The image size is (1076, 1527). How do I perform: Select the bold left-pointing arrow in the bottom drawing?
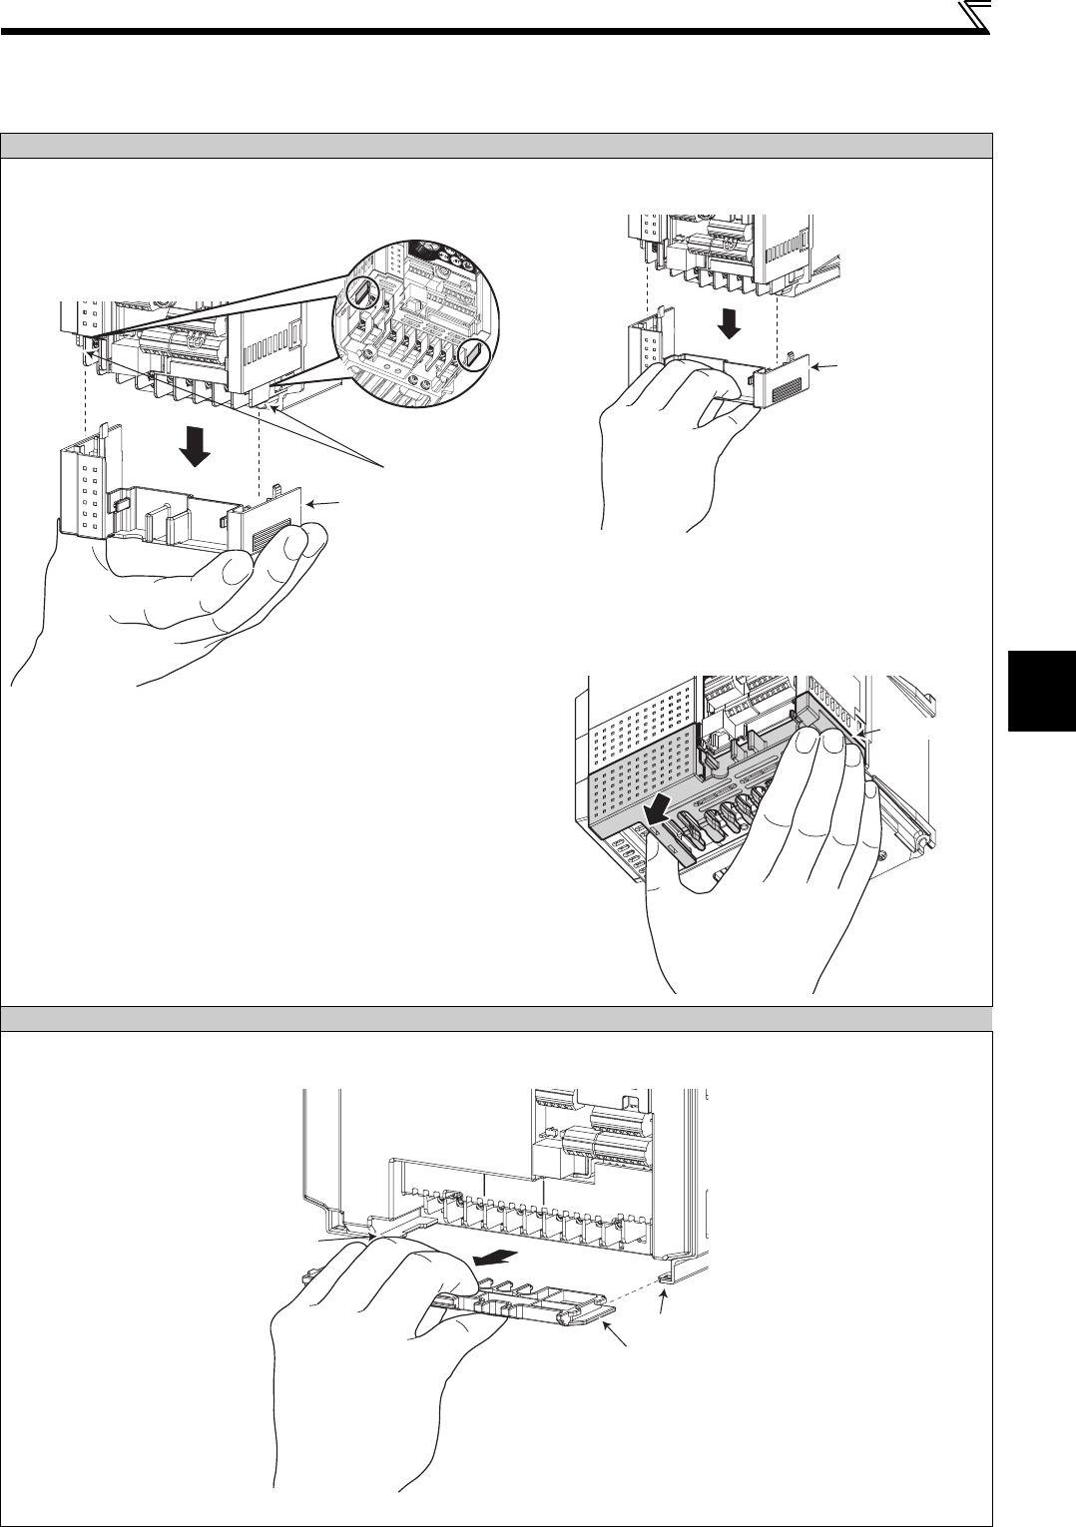(x=496, y=1256)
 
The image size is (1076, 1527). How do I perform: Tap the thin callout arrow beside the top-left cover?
(x=322, y=504)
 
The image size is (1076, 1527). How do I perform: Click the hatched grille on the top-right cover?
(x=786, y=387)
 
